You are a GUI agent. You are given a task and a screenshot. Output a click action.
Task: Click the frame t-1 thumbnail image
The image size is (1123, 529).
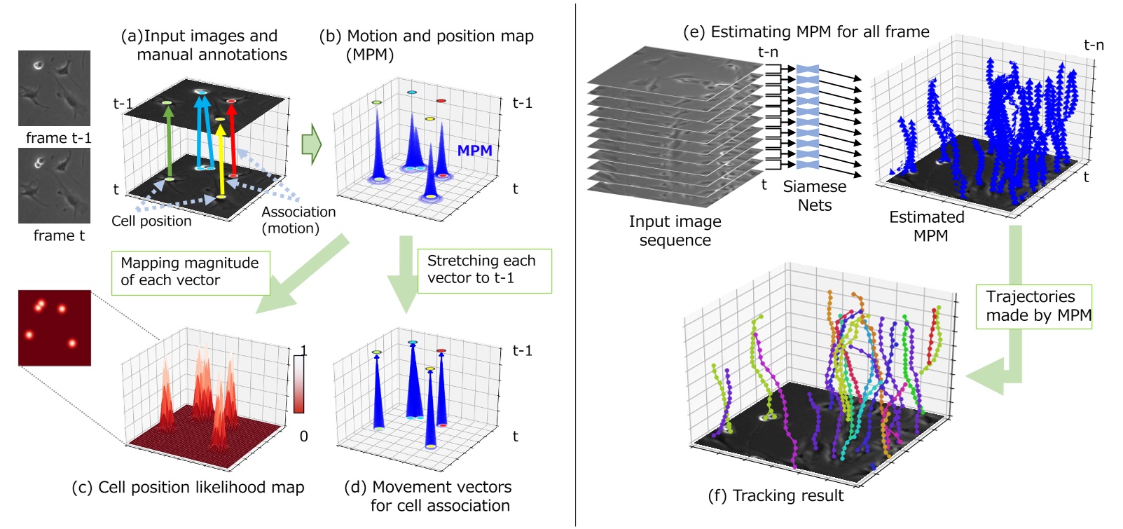point(54,88)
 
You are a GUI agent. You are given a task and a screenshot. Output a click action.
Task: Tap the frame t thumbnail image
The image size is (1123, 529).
point(54,186)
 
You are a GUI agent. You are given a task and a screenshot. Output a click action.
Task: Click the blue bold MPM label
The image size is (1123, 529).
point(474,151)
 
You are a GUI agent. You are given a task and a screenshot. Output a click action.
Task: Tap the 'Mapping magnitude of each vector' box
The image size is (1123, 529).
point(190,272)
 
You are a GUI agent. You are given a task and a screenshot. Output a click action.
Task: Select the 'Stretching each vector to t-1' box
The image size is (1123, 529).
point(483,270)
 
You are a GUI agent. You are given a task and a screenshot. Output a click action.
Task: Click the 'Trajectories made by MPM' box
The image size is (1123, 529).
point(1033,306)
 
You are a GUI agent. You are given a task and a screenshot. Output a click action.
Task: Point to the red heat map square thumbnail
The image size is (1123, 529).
point(54,327)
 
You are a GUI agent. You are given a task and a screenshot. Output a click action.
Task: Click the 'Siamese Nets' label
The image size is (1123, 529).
point(814,196)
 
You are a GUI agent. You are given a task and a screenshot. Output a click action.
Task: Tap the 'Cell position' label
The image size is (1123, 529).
point(151,221)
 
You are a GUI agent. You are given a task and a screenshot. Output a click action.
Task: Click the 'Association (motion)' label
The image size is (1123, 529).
point(298,220)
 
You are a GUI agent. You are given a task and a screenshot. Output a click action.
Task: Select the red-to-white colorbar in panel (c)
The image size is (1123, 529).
point(299,385)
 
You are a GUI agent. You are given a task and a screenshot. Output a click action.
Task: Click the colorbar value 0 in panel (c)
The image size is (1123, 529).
point(303,437)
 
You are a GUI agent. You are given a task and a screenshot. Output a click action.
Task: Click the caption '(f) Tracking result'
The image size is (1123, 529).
point(776,496)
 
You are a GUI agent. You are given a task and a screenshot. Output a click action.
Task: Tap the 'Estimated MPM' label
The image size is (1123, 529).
point(927,226)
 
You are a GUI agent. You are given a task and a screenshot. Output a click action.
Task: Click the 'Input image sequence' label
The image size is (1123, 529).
point(675,231)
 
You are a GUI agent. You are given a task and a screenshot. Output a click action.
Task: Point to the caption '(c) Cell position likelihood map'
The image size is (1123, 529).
point(188,488)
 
